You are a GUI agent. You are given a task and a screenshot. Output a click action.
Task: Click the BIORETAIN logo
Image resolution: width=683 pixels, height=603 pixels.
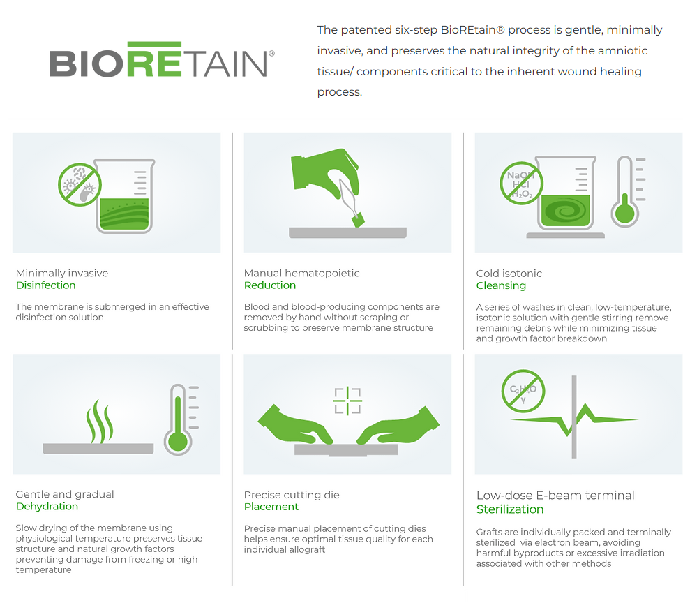click(162, 60)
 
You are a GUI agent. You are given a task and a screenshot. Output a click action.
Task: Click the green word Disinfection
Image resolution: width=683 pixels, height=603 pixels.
click(46, 285)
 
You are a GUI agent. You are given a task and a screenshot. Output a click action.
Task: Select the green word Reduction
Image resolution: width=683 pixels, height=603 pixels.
click(269, 285)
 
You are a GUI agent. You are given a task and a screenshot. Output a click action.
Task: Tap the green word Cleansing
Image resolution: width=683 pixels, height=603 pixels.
click(501, 286)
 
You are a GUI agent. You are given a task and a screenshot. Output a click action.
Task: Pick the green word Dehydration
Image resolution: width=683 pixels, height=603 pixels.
click(47, 507)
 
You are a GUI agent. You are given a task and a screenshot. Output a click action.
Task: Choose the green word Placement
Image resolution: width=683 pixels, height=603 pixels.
click(271, 507)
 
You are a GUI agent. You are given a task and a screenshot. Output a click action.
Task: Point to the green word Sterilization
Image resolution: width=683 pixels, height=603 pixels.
click(510, 509)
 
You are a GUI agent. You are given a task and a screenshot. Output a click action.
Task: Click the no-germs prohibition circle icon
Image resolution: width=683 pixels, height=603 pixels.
click(80, 185)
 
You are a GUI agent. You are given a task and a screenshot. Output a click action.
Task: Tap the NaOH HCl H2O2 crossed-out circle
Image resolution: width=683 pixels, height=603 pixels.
click(521, 184)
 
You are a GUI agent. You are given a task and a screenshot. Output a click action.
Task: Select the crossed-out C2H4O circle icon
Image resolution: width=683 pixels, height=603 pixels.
click(523, 392)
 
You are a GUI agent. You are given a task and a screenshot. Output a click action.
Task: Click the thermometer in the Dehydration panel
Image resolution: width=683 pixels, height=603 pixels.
click(178, 419)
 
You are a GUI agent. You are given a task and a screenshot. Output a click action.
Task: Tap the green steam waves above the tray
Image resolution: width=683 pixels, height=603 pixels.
click(100, 422)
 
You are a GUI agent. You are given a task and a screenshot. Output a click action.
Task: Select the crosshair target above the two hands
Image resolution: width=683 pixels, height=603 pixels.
click(347, 401)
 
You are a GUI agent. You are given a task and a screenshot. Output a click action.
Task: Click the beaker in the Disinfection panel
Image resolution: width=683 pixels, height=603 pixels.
click(125, 196)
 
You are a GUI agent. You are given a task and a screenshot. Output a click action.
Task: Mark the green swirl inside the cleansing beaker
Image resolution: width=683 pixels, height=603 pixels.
click(565, 211)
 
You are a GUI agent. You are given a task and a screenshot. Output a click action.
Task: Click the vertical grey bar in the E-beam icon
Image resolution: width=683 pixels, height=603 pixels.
click(574, 417)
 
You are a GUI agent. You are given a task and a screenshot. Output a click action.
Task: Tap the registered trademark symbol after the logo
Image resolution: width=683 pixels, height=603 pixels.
click(272, 53)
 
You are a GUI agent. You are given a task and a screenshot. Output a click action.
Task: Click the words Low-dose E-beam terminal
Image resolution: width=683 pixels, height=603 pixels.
click(555, 496)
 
